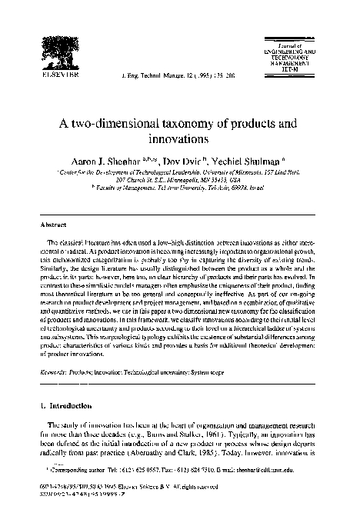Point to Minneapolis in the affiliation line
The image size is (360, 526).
pyautogui.click(x=212, y=185)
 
